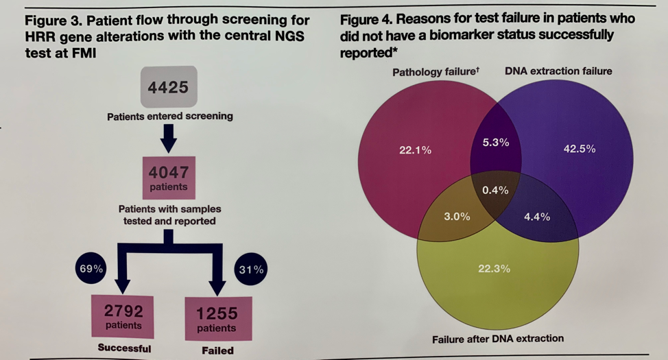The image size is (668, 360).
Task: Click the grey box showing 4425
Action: point(168,87)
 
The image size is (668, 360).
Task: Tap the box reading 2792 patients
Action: point(123,316)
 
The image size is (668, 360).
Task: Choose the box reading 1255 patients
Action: point(217,318)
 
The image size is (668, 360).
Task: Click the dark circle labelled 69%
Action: point(89,269)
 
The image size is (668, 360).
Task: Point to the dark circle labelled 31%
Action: point(250,269)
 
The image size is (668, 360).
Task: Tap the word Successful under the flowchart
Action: point(124,348)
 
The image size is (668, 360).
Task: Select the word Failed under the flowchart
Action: point(217,350)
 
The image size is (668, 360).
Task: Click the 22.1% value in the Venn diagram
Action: point(415,149)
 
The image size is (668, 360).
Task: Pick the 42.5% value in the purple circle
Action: point(580,149)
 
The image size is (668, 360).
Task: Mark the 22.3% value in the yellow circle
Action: point(494,268)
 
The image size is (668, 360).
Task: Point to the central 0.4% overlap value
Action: point(495,190)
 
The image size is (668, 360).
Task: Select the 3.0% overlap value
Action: point(456,216)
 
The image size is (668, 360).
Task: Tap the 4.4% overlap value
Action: point(536,217)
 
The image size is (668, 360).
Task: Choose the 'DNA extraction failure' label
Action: point(558,71)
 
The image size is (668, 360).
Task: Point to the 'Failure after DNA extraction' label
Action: point(498,338)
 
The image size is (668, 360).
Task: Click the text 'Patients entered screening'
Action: point(169,116)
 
